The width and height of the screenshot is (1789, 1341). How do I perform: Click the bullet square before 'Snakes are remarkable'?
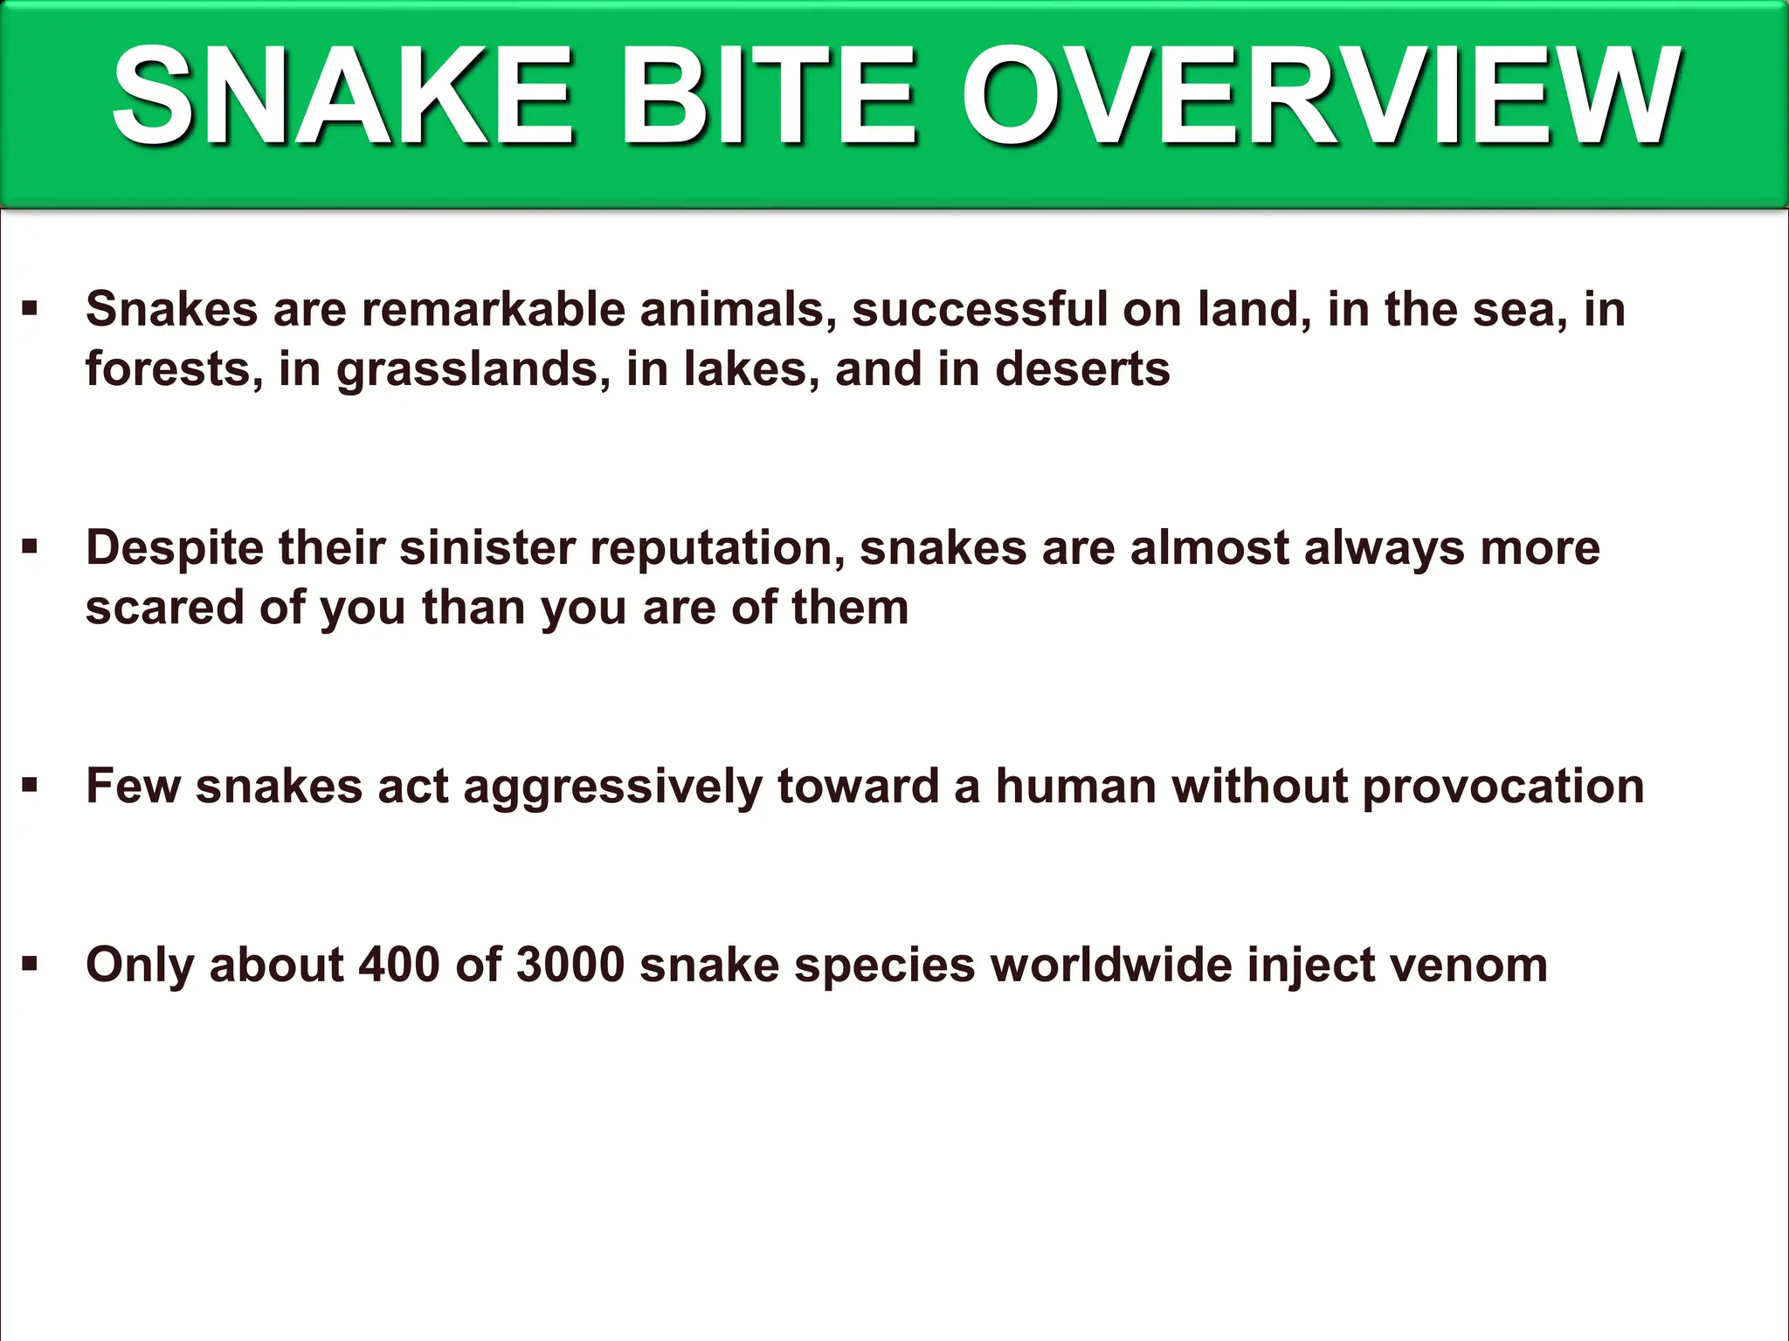(31, 307)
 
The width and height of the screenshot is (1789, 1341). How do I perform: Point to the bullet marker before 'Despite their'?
(31, 547)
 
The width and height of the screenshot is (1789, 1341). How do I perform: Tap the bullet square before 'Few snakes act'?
(31, 785)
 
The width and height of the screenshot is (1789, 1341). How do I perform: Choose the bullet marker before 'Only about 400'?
(31, 964)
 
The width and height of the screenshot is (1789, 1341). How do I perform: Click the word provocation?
(1502, 787)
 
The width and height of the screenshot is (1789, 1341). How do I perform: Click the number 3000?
(570, 965)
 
